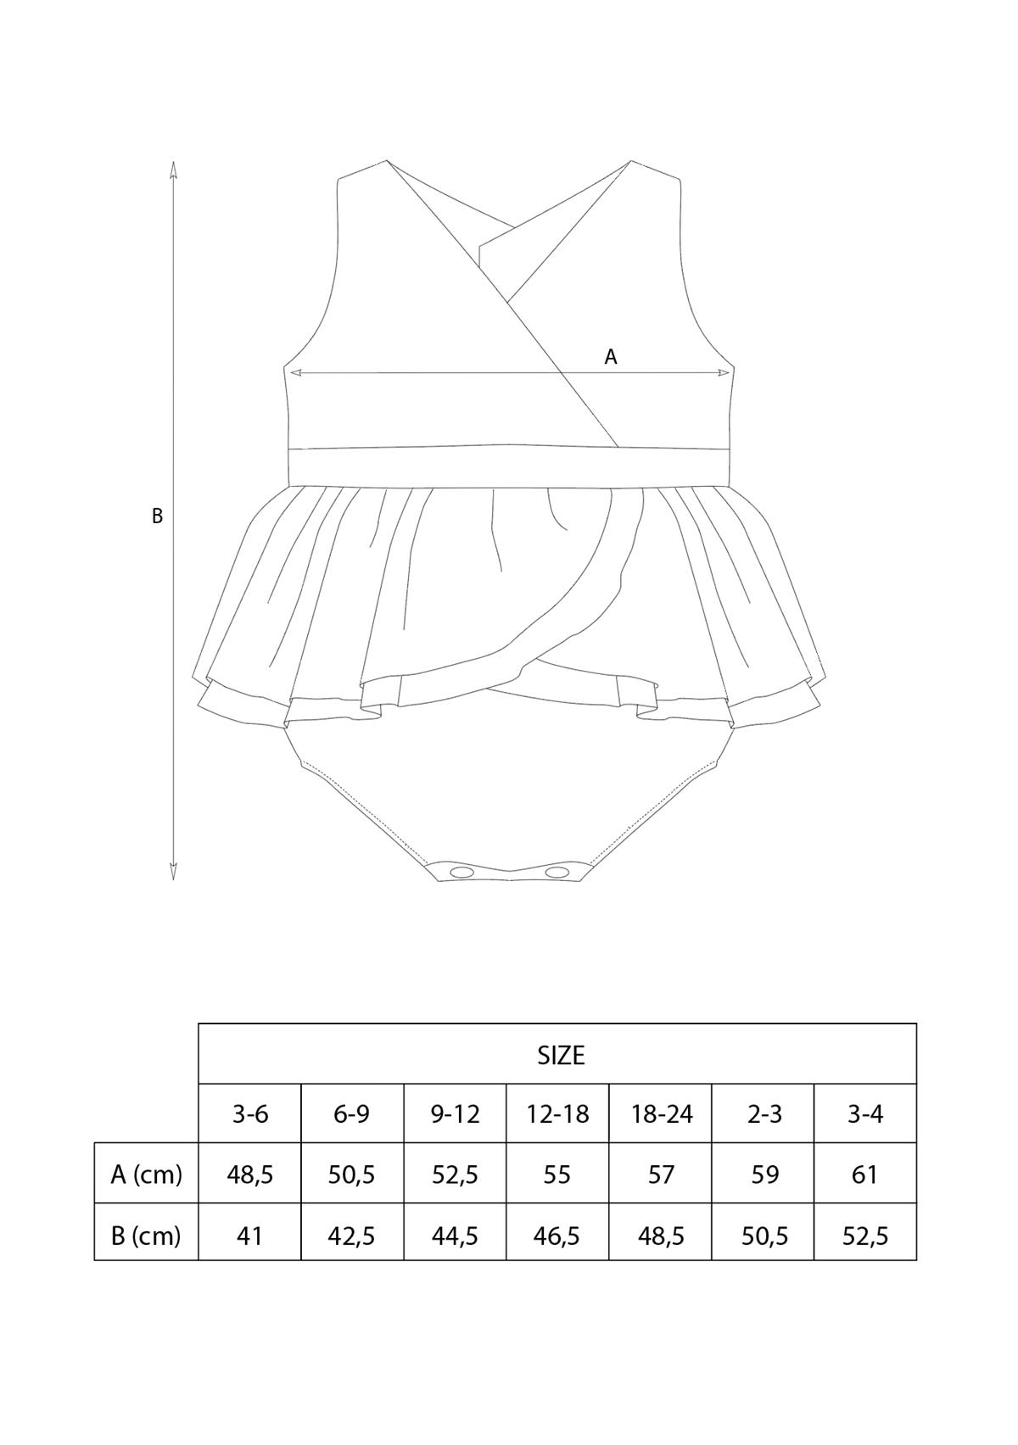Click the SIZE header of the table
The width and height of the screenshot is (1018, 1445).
pos(561,1055)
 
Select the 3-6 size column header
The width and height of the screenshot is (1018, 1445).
pos(250,1113)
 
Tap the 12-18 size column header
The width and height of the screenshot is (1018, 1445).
pos(557,1113)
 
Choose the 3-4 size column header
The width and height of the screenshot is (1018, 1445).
pos(865,1113)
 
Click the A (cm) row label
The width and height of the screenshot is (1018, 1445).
pos(146,1174)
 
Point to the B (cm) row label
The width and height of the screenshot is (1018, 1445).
pos(146,1236)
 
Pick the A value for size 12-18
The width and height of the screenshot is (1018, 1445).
pos(557,1174)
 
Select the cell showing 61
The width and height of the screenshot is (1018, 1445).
pos(865,1174)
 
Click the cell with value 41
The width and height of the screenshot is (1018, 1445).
pos(250,1236)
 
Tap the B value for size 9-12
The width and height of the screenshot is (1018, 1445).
pos(455,1236)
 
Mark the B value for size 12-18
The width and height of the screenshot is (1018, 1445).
pos(557,1236)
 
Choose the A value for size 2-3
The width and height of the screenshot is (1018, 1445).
pos(764,1174)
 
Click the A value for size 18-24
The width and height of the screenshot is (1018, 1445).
pos(661,1174)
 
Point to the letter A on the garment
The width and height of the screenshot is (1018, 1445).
pos(611,357)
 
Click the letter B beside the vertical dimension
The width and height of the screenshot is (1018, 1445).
pos(157,516)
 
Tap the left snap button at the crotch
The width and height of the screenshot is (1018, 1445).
pos(461,872)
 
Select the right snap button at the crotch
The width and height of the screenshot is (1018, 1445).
pos(557,872)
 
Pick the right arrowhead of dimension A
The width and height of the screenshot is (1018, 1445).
pos(724,372)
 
